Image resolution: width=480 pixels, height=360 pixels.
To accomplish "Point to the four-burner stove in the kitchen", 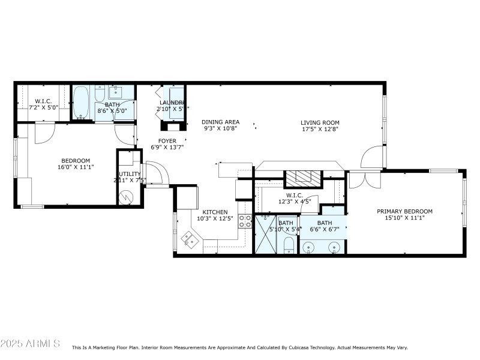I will [245, 221].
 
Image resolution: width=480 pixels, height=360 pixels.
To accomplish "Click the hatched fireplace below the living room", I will [303, 176].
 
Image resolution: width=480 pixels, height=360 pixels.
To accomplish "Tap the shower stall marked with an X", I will [265, 234].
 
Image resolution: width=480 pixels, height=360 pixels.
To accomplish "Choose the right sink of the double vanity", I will [334, 247].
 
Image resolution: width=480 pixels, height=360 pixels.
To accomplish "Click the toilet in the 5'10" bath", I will [288, 244].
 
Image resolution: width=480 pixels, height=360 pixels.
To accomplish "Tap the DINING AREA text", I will [220, 122].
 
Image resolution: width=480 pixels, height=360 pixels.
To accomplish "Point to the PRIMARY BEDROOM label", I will [404, 211].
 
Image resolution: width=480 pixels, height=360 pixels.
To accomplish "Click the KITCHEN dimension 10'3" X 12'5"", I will [214, 218].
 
